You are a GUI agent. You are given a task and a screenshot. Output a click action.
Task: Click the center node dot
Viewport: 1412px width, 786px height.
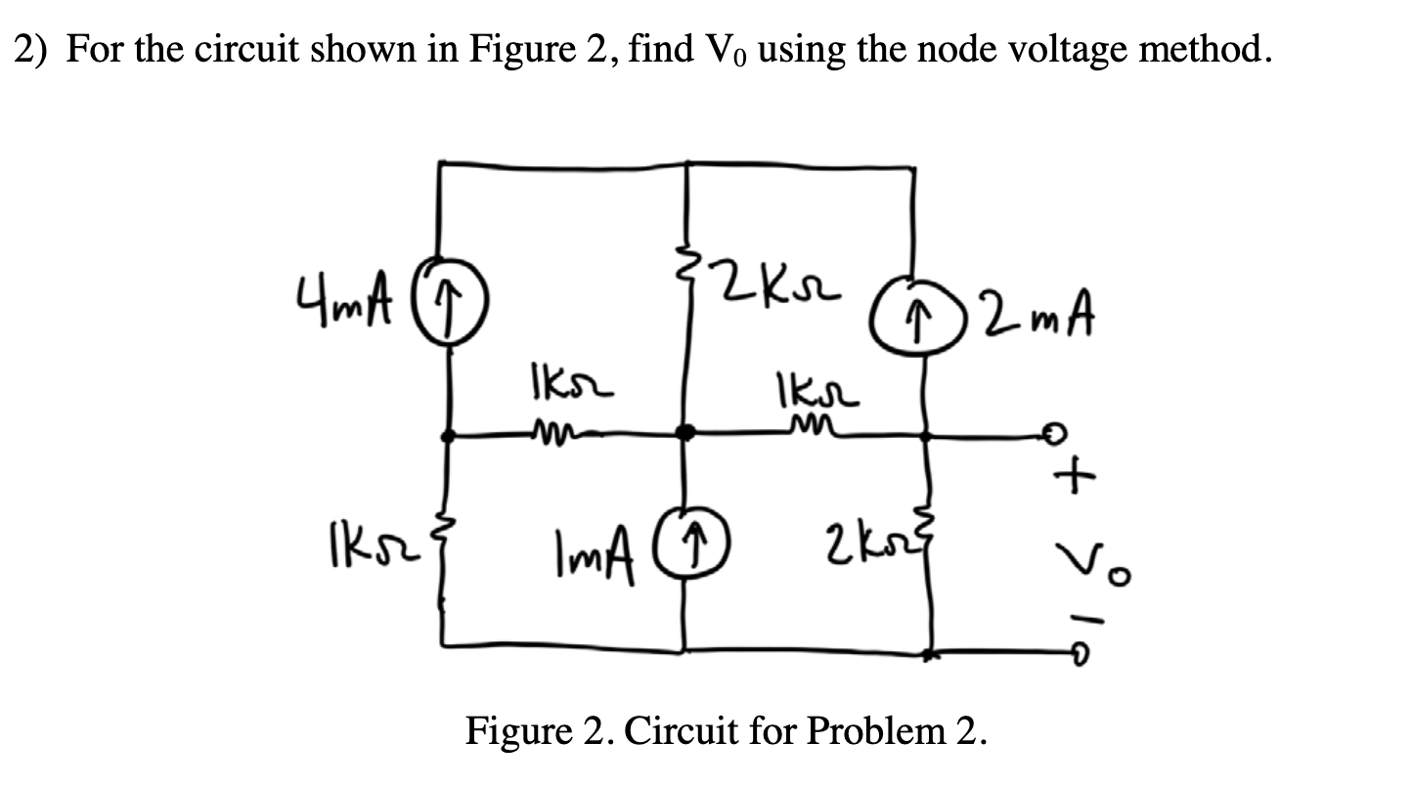[x=686, y=431]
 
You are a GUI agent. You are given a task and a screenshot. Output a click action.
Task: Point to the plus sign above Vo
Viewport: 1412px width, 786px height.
[x=1071, y=478]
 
